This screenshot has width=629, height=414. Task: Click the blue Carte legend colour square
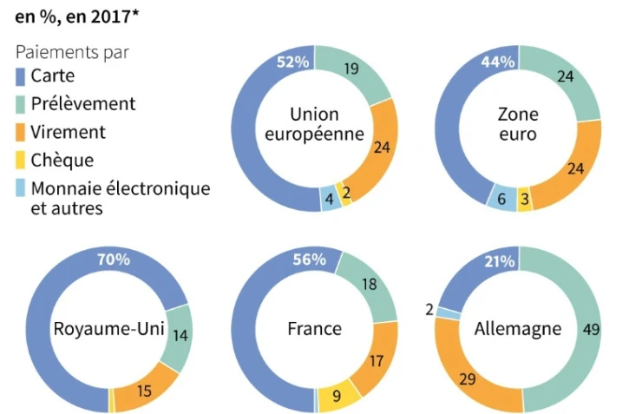click(x=21, y=77)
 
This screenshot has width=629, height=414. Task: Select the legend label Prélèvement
click(x=83, y=104)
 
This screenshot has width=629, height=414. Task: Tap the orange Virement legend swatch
click(x=21, y=133)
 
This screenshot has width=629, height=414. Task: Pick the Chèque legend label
click(x=62, y=161)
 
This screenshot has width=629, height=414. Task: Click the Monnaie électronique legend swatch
click(x=21, y=188)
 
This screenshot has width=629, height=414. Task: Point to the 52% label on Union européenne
click(x=292, y=62)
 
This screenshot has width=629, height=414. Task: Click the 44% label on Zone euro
click(x=498, y=62)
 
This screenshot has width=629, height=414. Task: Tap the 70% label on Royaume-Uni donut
click(x=113, y=260)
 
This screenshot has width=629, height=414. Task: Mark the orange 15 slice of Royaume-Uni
click(x=144, y=390)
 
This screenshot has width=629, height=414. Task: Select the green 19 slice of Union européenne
click(x=352, y=69)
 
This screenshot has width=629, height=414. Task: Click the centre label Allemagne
click(x=518, y=329)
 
